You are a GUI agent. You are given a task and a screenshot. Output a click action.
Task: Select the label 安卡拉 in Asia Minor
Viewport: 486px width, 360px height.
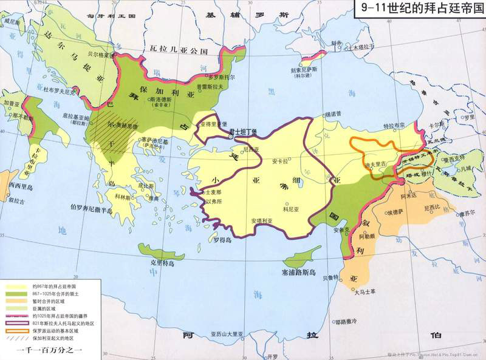(x=279, y=161)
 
